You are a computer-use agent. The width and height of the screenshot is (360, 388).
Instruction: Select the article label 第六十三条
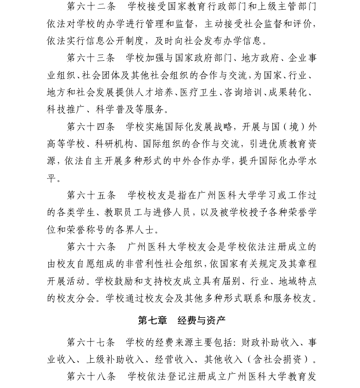click(x=91, y=58)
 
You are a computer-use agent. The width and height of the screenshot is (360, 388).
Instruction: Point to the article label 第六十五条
click(x=91, y=195)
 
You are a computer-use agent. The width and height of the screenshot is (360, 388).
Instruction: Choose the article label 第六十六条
click(x=91, y=247)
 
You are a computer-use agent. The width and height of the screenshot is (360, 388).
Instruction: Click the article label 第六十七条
click(x=91, y=342)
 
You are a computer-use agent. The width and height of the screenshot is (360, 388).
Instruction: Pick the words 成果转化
click(x=289, y=92)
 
